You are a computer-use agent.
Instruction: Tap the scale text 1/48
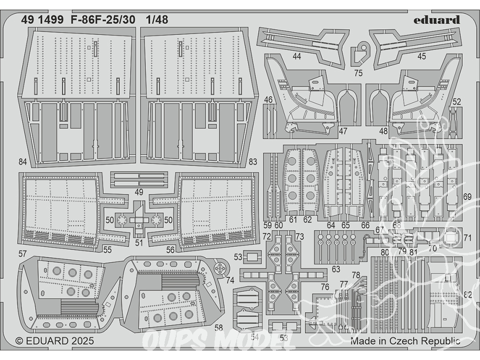point(158,20)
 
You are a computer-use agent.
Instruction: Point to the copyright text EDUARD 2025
point(55,341)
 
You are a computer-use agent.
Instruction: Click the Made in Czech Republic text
point(405,341)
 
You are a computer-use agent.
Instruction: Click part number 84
point(23,162)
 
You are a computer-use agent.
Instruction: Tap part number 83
point(253,162)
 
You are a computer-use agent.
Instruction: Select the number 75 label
point(358,73)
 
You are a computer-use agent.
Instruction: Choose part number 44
point(297,57)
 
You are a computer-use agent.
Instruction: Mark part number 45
point(421,57)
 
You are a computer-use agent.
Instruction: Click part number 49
point(139,192)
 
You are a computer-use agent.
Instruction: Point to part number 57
point(23,253)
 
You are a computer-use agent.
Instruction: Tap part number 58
point(219,328)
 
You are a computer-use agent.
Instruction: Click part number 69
point(468,197)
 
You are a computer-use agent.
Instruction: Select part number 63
point(336,269)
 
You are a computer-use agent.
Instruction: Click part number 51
point(139,242)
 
